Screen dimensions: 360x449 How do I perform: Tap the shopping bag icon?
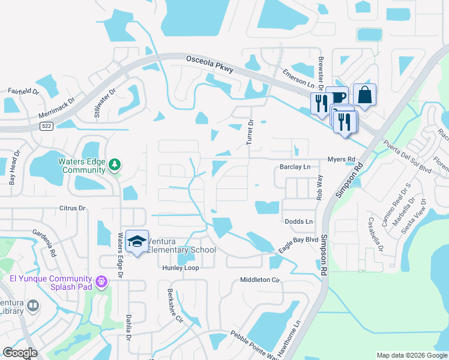pyautogui.click(x=364, y=94)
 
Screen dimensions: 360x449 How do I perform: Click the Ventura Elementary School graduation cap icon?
pyautogui.click(x=137, y=242)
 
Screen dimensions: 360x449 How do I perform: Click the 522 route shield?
pyautogui.click(x=46, y=126)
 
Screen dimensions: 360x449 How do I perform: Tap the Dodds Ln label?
pyautogui.click(x=299, y=221)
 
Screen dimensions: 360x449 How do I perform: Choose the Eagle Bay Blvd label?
pyautogui.click(x=298, y=244)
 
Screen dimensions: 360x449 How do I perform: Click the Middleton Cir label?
pyautogui.click(x=260, y=280)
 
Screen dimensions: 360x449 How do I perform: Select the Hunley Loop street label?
pyautogui.click(x=180, y=268)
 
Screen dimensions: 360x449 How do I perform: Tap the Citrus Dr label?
pyautogui.click(x=73, y=208)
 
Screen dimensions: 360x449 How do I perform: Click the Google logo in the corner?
pyautogui.click(x=20, y=352)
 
